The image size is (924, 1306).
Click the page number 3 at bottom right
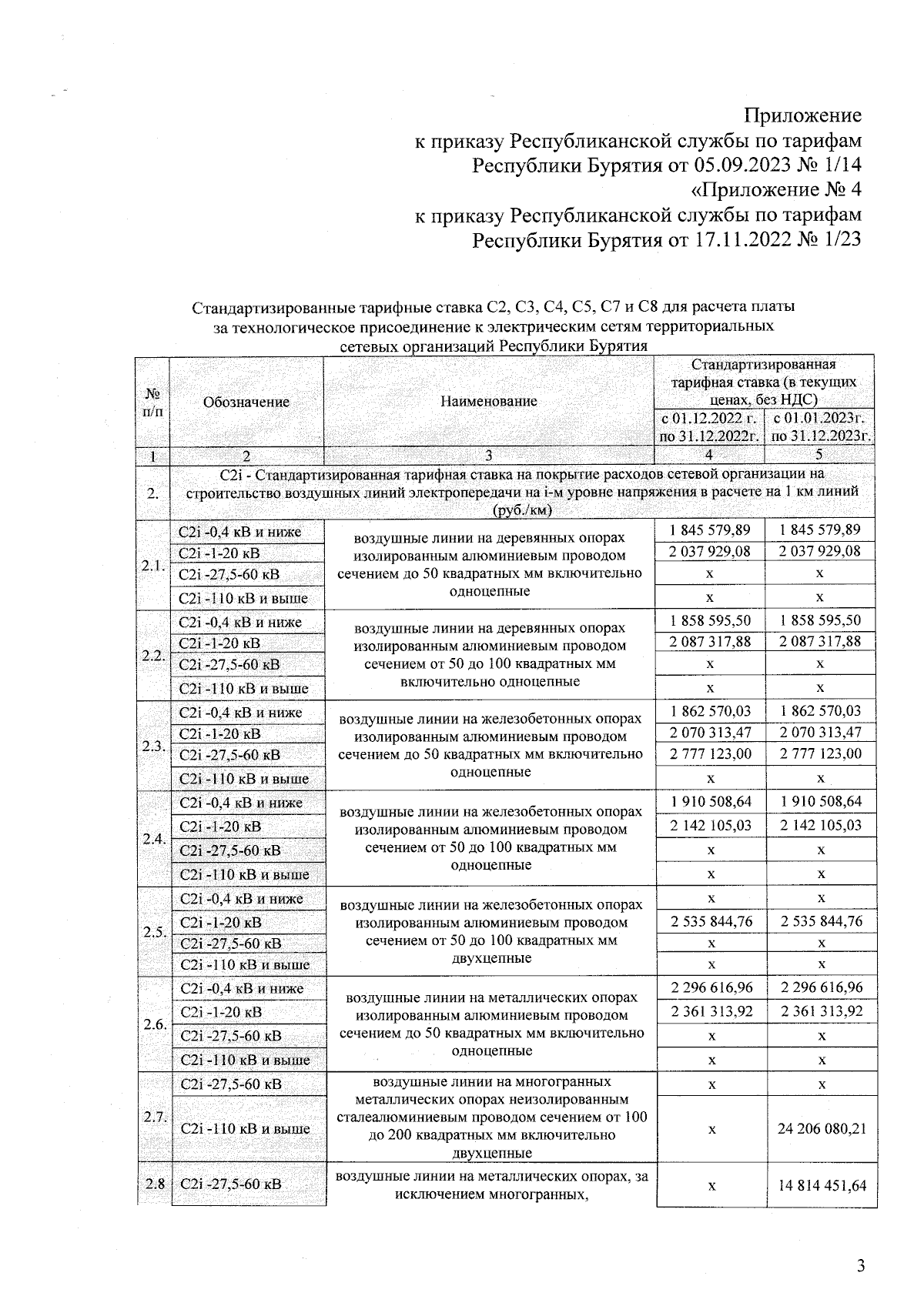coord(861,1266)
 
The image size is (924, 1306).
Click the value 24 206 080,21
coord(822,1129)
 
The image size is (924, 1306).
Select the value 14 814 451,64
coord(822,1185)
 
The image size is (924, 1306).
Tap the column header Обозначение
coord(246,402)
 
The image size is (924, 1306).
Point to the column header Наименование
coord(489,401)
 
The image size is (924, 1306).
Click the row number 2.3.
coord(153,746)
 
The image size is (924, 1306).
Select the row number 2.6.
coord(155,1024)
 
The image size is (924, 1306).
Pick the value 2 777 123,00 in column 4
coord(711,754)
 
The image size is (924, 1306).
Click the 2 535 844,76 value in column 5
coord(822,921)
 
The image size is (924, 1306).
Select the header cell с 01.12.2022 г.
coord(709,419)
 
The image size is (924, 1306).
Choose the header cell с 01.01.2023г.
coord(820,419)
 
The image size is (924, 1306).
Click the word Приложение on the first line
coord(802,115)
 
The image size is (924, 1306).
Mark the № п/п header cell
coord(152,402)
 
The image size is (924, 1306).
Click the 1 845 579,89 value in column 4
coord(711,529)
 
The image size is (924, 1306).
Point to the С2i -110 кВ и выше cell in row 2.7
coord(244,1129)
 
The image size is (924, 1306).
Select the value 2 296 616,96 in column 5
coord(822,987)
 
